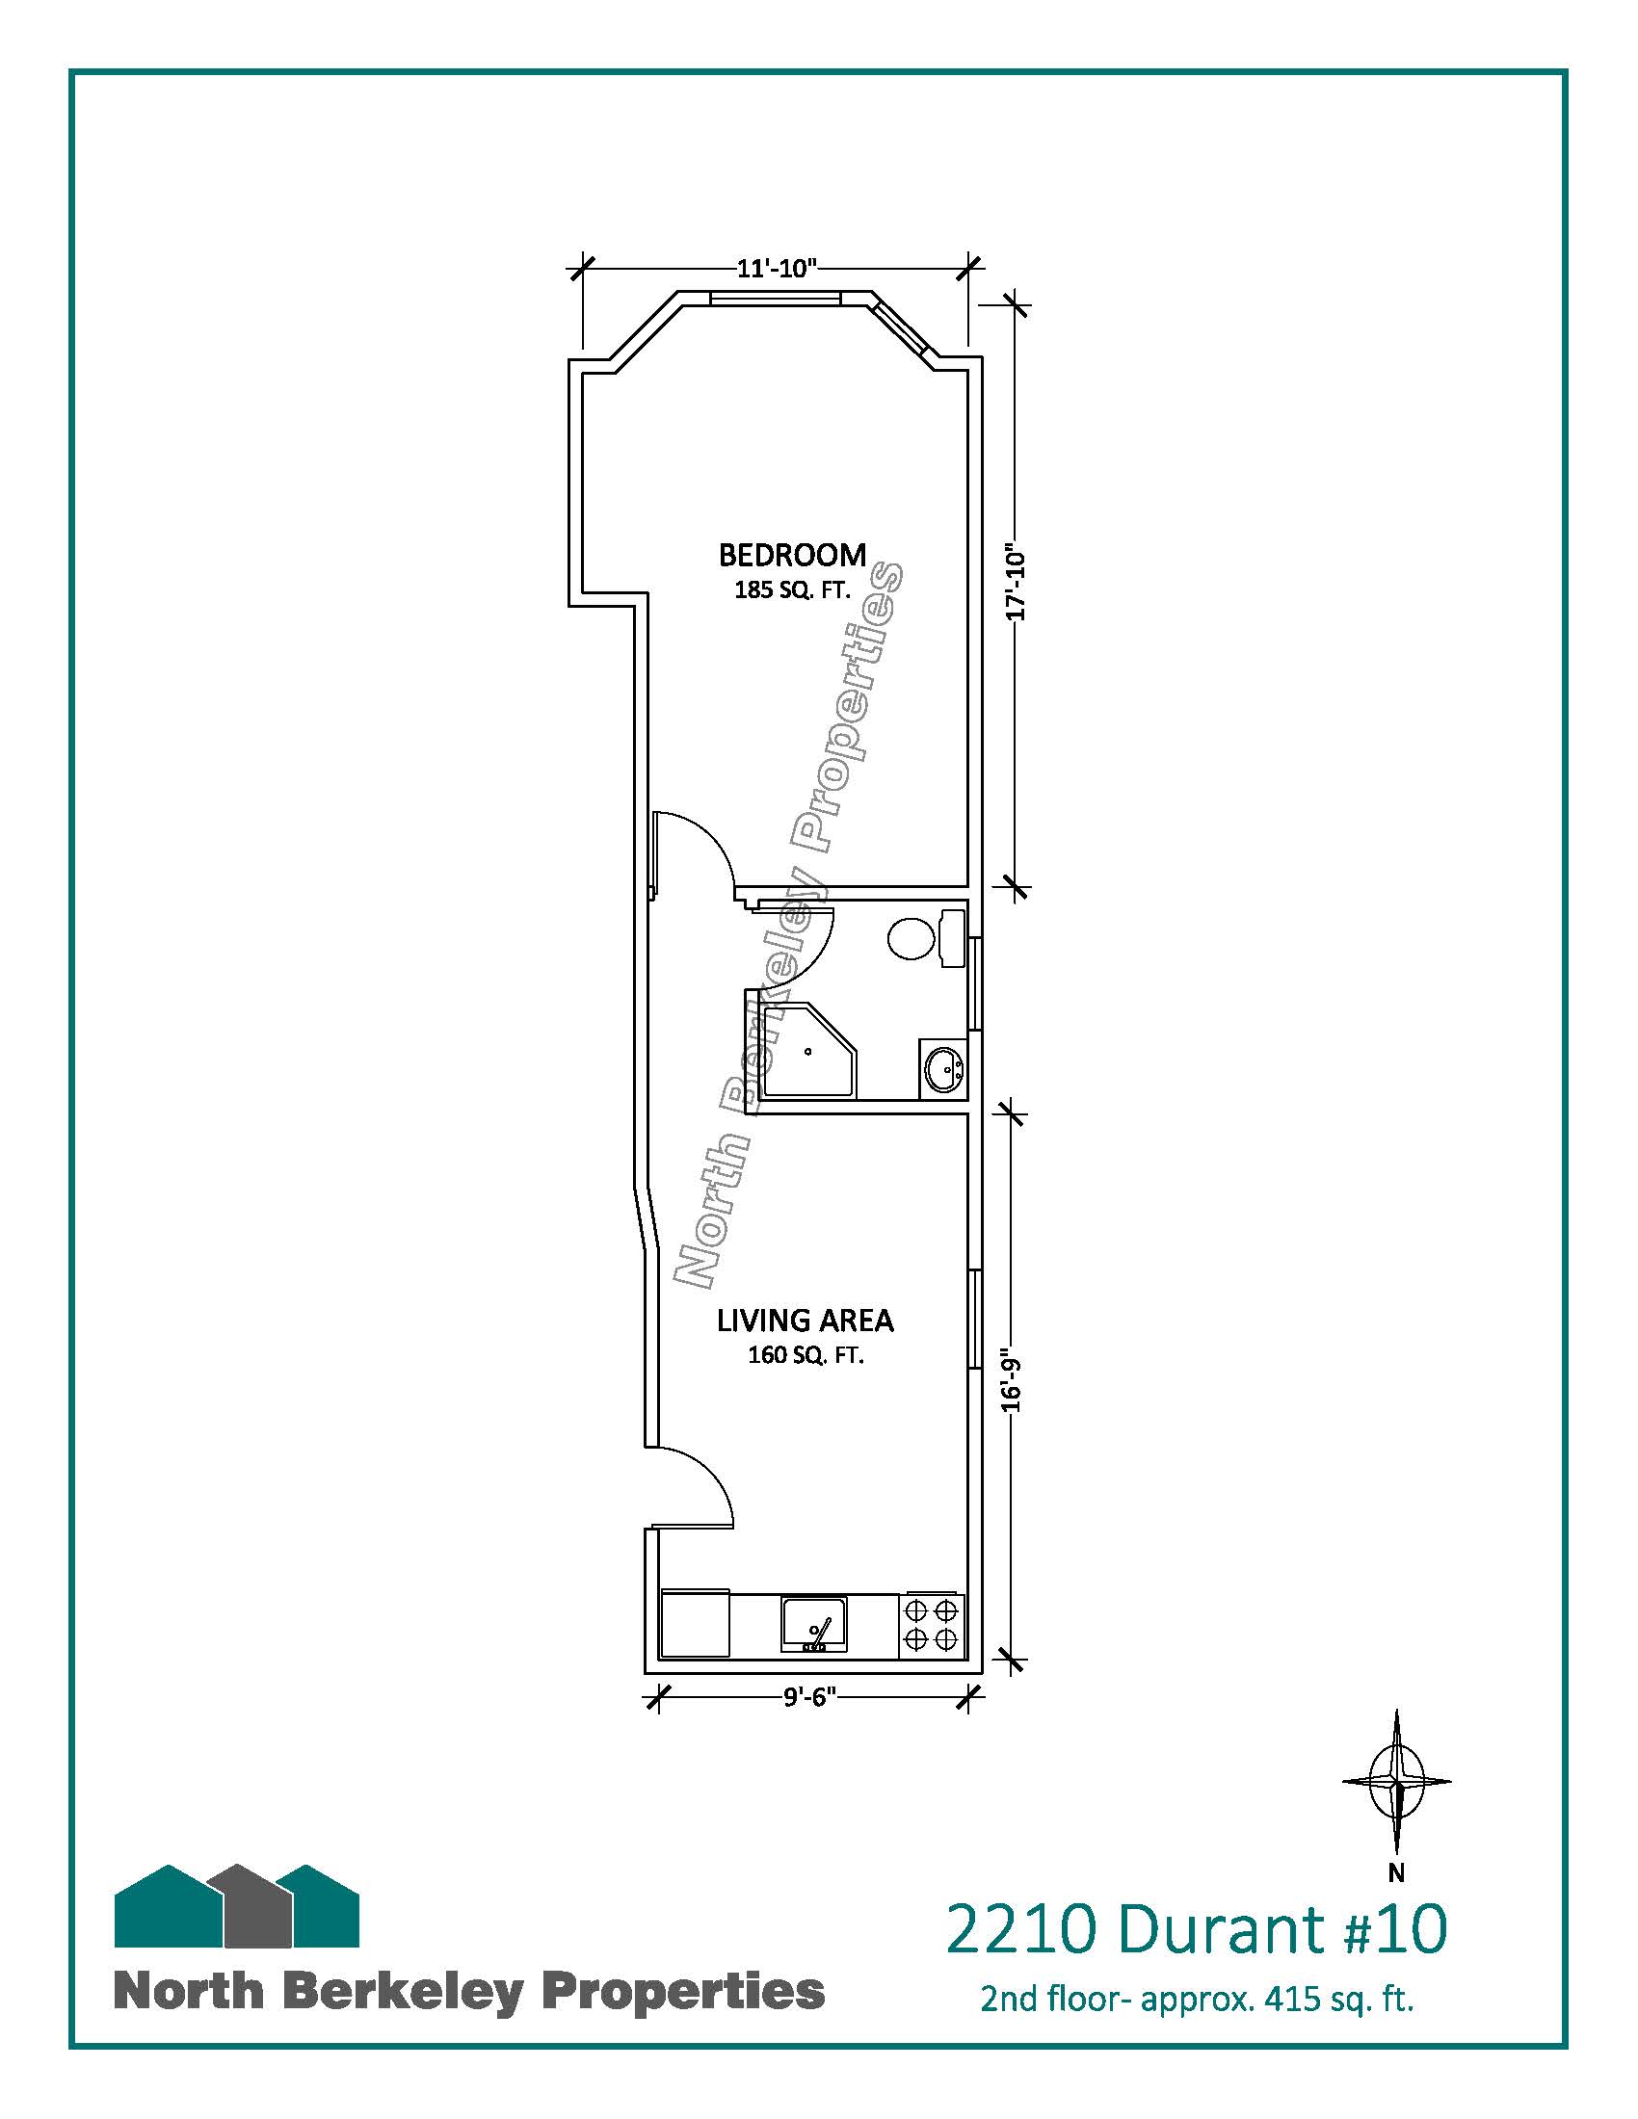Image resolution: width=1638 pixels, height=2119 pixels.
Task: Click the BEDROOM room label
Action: [x=792, y=555]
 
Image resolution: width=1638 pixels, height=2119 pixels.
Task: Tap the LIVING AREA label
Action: [x=806, y=1321]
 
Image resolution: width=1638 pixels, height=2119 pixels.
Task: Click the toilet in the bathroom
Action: [x=926, y=937]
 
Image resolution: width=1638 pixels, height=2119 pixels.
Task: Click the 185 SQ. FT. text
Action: [x=792, y=589]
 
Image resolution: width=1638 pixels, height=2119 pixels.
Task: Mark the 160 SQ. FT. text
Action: [x=806, y=1355]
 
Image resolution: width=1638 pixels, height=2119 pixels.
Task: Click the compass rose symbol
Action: [x=1396, y=1781]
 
